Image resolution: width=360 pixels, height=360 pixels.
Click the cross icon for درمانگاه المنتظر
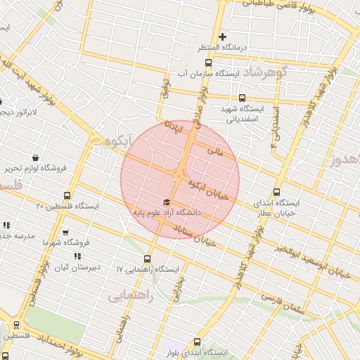tap(223, 37)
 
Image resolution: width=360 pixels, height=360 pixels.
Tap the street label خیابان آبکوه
tap(209, 188)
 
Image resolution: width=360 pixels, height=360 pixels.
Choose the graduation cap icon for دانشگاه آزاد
tap(155, 202)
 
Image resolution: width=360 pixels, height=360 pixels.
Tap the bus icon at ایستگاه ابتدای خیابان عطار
tap(276, 191)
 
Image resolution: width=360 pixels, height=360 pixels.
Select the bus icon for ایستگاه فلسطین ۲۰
tap(67, 195)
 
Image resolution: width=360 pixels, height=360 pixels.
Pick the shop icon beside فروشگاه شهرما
tap(66, 231)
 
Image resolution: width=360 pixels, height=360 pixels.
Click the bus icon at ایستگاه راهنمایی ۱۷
tap(148, 259)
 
